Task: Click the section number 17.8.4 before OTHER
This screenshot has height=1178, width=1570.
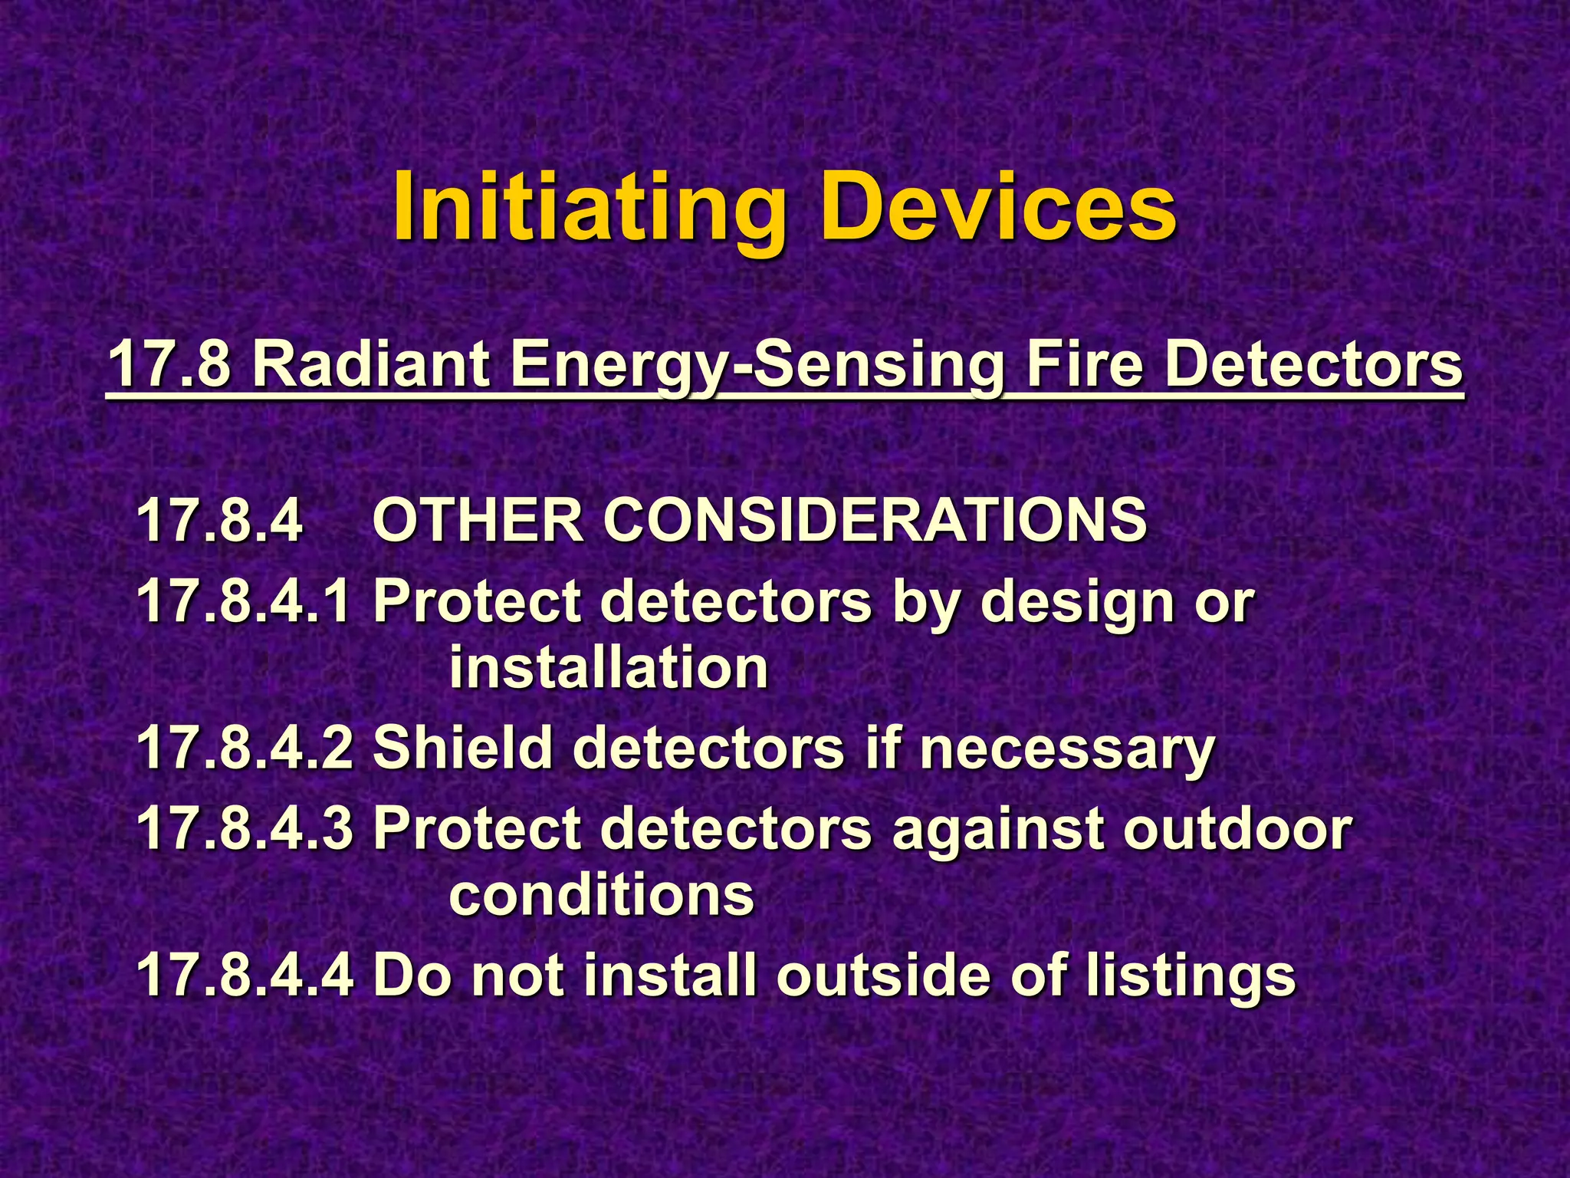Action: point(219,520)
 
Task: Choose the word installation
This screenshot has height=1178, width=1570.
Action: point(609,668)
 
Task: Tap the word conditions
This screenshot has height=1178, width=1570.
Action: point(602,895)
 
